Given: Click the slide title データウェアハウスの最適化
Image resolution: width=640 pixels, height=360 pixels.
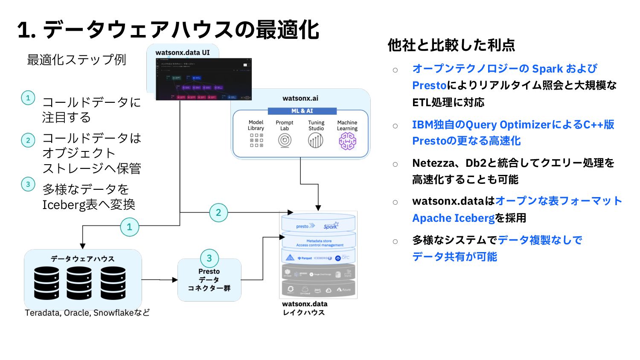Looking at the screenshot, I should tap(168, 30).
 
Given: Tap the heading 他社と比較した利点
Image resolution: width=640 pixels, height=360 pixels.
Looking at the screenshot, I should tap(451, 45).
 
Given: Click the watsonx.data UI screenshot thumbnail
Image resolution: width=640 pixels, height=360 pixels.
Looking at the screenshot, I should tap(204, 79).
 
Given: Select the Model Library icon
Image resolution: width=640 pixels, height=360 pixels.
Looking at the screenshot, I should tap(256, 140).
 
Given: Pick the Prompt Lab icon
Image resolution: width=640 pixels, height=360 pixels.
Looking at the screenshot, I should tap(285, 140).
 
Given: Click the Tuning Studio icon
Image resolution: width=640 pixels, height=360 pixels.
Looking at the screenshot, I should tap(316, 140).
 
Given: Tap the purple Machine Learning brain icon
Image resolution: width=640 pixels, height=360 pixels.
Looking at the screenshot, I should tap(347, 141).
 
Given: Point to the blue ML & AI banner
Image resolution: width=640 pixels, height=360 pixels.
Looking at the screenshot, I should tap(302, 111).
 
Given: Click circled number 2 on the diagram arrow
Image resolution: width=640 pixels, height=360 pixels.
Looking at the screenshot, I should tap(218, 212).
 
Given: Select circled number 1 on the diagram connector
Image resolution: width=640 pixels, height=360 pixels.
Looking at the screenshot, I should tap(130, 227).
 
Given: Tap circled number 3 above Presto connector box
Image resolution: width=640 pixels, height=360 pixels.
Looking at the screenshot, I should tap(209, 258).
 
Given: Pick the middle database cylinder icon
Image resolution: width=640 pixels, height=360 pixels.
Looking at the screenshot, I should tap(79, 283).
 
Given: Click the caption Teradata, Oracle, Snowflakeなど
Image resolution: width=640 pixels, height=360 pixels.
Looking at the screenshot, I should tap(87, 313).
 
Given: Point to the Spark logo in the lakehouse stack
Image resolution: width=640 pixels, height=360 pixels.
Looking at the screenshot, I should tap(331, 226).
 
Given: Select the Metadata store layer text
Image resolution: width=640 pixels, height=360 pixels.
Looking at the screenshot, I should tap(319, 241).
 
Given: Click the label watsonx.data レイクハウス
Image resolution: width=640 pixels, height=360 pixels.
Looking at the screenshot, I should tap(304, 308).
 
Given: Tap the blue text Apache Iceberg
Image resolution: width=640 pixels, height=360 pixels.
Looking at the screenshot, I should tap(453, 218).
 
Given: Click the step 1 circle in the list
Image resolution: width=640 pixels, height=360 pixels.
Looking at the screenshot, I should tap(28, 98).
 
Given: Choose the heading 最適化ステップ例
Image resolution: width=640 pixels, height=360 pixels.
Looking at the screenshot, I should tap(76, 60).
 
